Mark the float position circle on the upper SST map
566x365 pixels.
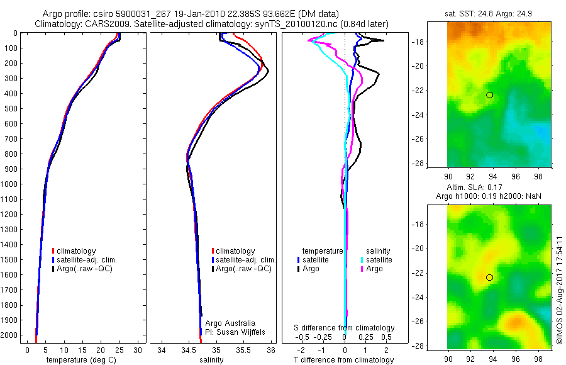pos(490,95)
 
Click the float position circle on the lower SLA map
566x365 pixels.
pos(490,278)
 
